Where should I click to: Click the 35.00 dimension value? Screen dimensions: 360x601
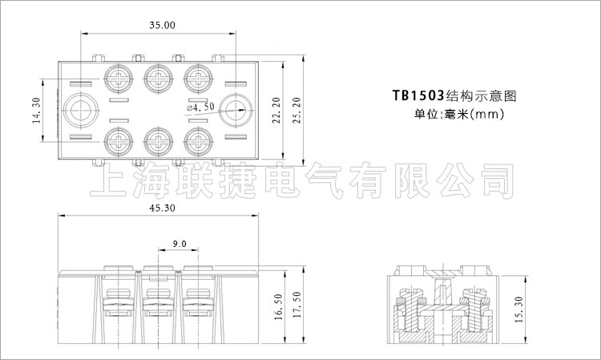pos(162,25)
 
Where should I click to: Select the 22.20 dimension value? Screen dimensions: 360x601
pos(276,112)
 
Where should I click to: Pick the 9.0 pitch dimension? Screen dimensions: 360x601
pos(179,243)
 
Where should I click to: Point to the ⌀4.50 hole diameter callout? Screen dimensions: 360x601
pos(200,107)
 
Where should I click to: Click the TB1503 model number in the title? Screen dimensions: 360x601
pos(417,95)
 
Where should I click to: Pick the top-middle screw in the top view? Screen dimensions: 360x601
pos(158,79)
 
